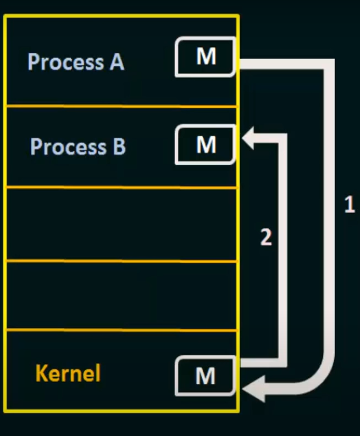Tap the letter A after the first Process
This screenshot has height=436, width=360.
[x=116, y=62]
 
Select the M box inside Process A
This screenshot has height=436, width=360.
[x=206, y=57]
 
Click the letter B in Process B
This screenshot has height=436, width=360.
[x=119, y=147]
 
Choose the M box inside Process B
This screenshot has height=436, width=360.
[x=206, y=145]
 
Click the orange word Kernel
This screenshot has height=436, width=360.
[x=68, y=374]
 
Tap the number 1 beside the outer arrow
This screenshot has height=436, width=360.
[x=349, y=205]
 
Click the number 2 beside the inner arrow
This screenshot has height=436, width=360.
[x=265, y=237]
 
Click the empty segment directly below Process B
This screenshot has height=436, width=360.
[x=121, y=224]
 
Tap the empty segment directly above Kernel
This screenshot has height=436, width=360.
[x=121, y=296]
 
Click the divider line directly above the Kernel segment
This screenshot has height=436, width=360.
[x=121, y=330]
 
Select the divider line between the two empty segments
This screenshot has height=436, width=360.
[x=121, y=261]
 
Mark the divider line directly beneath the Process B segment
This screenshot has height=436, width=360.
[x=121, y=187]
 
